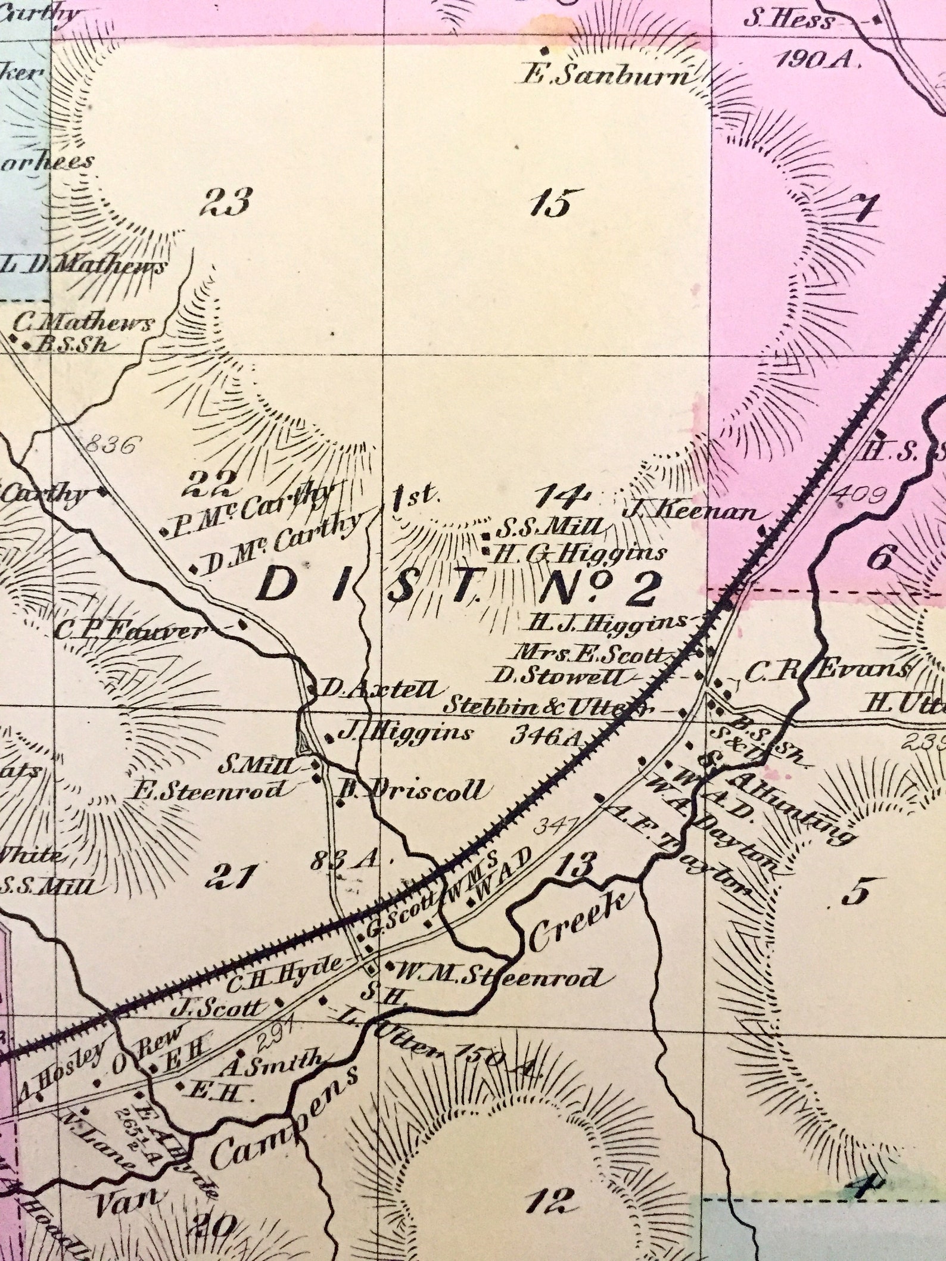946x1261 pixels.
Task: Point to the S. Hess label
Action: click(789, 22)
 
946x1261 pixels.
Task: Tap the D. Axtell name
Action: click(382, 689)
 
